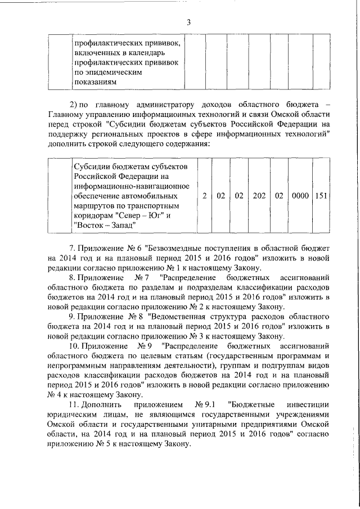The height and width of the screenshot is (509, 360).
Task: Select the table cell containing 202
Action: (x=259, y=196)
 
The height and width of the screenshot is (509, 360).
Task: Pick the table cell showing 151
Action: (x=321, y=196)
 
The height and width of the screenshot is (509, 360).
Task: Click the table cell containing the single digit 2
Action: (x=205, y=196)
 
